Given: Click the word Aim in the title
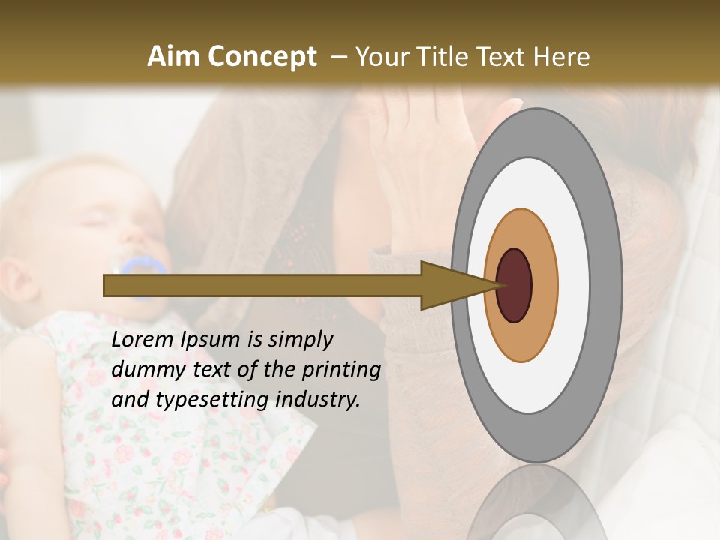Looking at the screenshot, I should point(174,57).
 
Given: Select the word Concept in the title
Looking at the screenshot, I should point(262,57).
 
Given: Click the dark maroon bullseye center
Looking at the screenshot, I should point(514,285).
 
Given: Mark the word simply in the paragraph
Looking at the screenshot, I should point(298,340).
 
